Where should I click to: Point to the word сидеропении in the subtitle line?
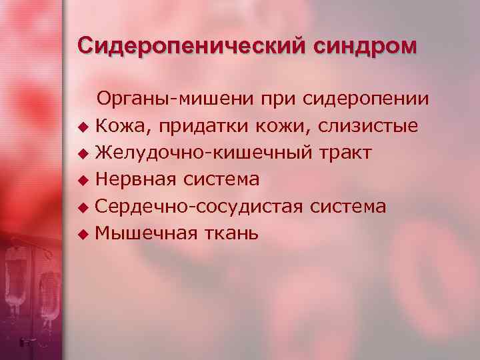click(x=366, y=99)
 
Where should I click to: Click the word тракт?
click(x=344, y=153)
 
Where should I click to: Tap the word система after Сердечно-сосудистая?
click(x=349, y=207)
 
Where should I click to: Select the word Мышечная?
click(x=146, y=234)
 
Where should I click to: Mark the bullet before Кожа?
click(x=83, y=127)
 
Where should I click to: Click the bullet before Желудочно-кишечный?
click(x=83, y=154)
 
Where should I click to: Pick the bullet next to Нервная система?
click(x=83, y=181)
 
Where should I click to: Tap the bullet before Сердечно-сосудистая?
click(x=83, y=207)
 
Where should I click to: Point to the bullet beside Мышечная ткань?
click(x=83, y=235)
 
